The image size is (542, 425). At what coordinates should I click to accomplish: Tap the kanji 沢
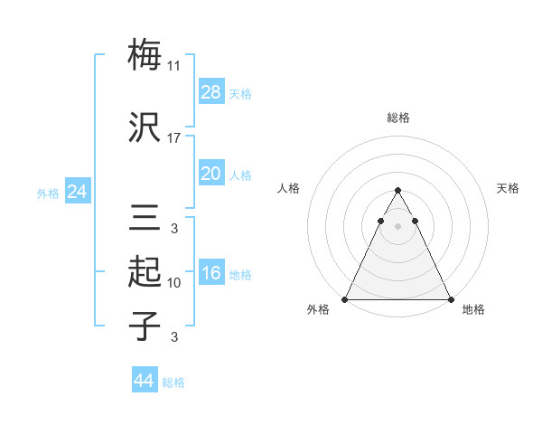145,128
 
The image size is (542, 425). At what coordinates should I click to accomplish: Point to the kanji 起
145,271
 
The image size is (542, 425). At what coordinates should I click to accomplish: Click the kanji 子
145,326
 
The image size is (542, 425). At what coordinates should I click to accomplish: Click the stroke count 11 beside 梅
174,66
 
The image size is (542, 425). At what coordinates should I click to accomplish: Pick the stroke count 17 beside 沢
174,138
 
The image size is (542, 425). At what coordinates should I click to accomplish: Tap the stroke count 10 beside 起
174,283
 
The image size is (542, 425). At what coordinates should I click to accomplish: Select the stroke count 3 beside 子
174,337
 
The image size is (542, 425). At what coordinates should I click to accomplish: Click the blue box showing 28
211,91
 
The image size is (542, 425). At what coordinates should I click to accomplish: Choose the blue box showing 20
211,174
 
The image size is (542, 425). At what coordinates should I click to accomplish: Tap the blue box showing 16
211,274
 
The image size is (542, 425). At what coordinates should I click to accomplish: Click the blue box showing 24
78,192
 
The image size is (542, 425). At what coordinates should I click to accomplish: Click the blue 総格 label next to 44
173,382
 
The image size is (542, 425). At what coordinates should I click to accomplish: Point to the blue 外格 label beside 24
48,194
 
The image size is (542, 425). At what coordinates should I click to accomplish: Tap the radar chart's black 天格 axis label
509,188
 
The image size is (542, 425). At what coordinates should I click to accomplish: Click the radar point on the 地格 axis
451,299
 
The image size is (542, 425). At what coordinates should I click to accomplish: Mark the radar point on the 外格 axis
345,299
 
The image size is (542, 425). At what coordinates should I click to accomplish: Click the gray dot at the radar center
397,225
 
